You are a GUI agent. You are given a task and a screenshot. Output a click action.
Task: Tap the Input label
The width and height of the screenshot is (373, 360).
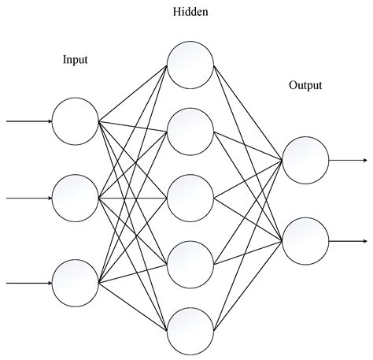pos(76,60)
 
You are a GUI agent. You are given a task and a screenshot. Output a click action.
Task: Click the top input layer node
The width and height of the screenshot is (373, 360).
pos(76,121)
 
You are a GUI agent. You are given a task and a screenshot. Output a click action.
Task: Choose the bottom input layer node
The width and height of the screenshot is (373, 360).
pos(76,281)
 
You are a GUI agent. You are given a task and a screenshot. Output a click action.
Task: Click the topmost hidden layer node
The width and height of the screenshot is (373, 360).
pos(190,63)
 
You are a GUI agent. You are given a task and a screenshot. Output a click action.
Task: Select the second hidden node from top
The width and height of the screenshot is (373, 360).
pos(190,130)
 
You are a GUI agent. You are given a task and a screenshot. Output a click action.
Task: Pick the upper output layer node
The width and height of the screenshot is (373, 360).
pos(305,159)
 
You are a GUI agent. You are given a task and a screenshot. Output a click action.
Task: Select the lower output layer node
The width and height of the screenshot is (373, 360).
pos(305,240)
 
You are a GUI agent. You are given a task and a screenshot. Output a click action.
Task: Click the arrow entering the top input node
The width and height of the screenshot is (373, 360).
pos(28,121)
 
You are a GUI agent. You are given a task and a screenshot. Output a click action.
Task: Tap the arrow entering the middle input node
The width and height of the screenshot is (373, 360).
pos(28,199)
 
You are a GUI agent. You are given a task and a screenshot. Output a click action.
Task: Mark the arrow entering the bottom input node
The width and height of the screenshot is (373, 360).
pos(28,281)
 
